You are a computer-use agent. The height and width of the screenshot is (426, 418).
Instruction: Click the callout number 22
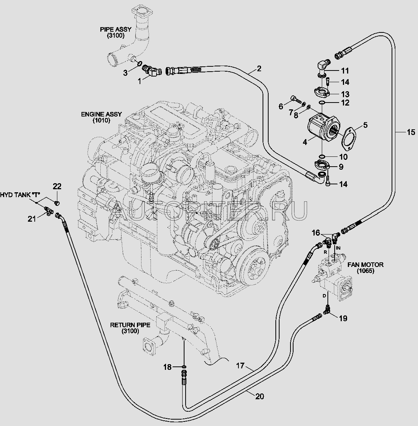57,187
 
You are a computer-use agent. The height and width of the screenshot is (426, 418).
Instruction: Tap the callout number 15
410,132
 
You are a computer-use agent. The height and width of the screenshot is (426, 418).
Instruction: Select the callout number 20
259,396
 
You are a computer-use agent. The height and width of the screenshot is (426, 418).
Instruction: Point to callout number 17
241,366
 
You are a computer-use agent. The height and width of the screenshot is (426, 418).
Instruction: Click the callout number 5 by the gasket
365,125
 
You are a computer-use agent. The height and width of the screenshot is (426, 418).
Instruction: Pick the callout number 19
343,319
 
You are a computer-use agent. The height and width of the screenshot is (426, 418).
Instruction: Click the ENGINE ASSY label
101,117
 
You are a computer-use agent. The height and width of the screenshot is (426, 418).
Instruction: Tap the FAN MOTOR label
365,268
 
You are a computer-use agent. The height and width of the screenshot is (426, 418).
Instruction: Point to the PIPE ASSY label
112,32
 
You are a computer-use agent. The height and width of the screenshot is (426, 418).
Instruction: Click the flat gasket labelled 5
350,138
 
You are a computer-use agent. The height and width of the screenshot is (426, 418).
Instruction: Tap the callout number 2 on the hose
259,69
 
